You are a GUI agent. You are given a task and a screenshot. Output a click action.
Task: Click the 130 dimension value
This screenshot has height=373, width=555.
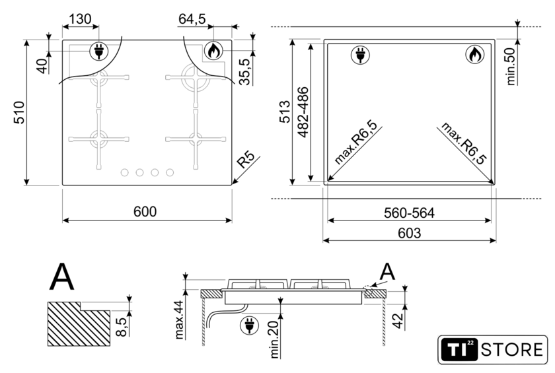(80, 18)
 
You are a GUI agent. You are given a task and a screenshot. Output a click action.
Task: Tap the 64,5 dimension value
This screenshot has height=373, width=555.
(192, 19)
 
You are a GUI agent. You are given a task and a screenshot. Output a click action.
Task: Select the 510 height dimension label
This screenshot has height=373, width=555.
(19, 112)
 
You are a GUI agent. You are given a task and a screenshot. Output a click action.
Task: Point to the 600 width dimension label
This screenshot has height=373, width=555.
(145, 211)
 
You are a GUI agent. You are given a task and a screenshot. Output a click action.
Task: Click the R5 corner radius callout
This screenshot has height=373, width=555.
(246, 160)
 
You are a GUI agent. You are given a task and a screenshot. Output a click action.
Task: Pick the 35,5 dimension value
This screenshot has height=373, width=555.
(244, 72)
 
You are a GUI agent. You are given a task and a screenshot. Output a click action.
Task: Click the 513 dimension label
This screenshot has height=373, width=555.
(285, 112)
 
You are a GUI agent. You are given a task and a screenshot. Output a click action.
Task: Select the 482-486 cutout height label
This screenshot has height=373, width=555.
(303, 112)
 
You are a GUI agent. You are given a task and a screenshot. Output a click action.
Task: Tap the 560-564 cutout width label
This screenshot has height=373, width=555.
(409, 213)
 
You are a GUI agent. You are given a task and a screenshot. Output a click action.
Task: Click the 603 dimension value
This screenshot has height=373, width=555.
(409, 233)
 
